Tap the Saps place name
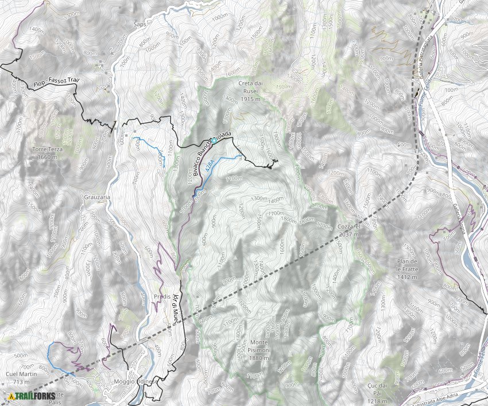coord(140,25)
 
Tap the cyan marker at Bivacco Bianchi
coord(214,140)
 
